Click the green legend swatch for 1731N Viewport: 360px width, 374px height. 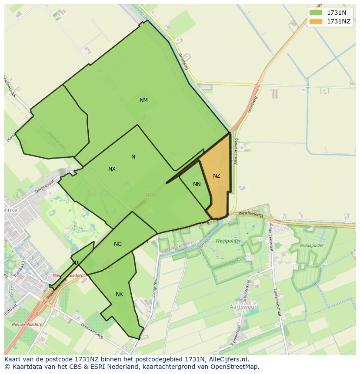pos(316,13)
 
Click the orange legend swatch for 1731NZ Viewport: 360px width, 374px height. pos(316,21)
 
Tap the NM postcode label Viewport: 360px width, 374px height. pos(143,100)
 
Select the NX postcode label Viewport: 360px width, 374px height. pos(112,169)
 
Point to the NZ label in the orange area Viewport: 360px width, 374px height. pos(217,176)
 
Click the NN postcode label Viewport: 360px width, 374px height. pos(197,184)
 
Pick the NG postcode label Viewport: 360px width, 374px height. pos(118,244)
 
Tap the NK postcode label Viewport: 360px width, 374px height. pos(119,294)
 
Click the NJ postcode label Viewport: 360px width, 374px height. pos(76,262)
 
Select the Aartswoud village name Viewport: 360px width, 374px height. pos(243,307)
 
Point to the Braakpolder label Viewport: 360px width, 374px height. pos(312,245)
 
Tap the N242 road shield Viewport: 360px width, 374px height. pos(151,195)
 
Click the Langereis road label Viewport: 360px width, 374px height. pos(154,287)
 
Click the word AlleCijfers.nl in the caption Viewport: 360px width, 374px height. pos(227,360)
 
